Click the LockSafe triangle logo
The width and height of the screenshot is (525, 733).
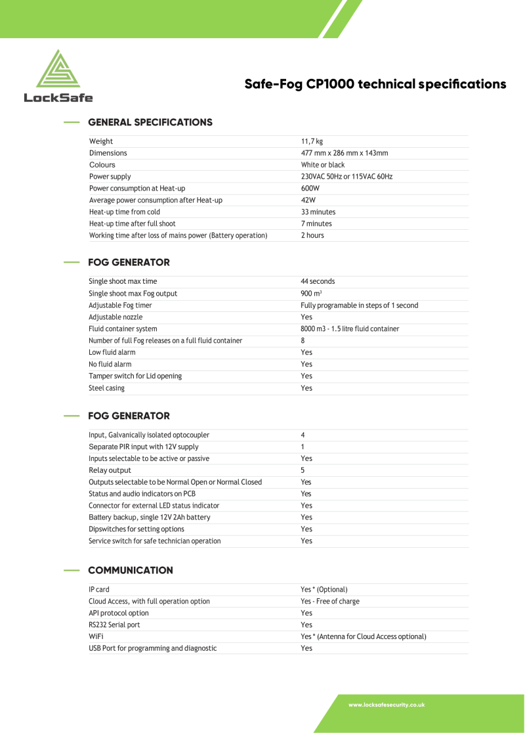pos(58,69)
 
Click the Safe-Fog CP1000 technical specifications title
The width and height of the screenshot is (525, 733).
pos(375,84)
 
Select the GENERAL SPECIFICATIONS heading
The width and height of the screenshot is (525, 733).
pos(150,122)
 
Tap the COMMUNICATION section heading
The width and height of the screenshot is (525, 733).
pos(130,570)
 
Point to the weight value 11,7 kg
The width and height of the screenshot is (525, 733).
pos(312,141)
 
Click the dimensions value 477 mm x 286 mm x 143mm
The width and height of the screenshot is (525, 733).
pos(344,153)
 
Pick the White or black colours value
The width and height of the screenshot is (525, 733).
pos(322,165)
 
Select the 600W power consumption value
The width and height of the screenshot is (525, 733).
pos(310,189)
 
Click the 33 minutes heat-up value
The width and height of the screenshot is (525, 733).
pos(318,212)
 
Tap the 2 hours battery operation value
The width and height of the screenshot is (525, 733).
pos(312,235)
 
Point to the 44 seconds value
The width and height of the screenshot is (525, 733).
pos(318,281)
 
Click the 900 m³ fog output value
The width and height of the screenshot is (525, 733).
pos(311,294)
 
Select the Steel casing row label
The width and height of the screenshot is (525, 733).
pos(106,388)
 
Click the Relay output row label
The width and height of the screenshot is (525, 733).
pos(110,470)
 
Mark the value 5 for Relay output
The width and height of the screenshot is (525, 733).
pos(303,470)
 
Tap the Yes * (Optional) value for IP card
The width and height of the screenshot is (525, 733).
pos(324,589)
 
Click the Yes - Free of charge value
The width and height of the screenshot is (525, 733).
pos(329,601)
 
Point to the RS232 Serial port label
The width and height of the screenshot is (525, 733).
pos(114,625)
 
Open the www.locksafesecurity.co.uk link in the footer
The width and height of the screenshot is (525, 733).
pos(386,705)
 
